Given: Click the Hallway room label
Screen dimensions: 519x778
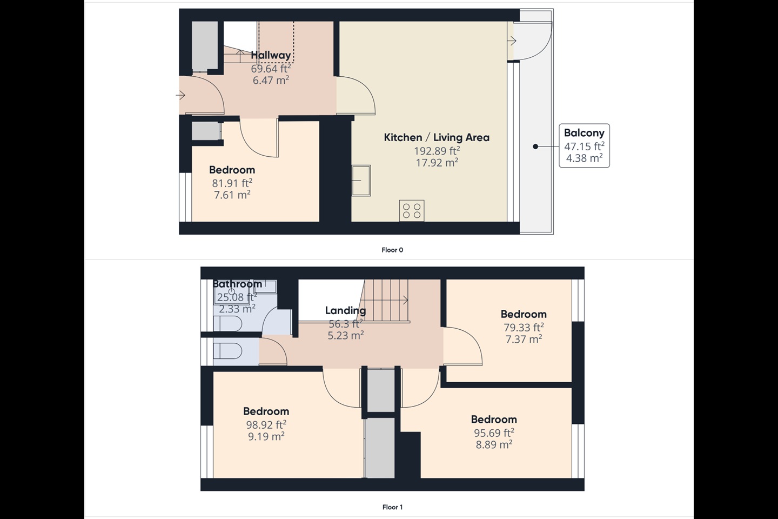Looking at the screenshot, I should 271,55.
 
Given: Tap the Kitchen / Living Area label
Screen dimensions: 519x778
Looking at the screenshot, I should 437,137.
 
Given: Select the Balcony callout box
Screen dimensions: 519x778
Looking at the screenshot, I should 584,145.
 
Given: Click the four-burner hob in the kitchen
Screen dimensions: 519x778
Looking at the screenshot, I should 412,210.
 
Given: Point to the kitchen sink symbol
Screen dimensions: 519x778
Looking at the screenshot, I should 361,180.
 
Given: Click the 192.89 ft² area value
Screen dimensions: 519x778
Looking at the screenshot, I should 437,151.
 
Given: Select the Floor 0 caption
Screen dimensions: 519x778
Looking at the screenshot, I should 392,250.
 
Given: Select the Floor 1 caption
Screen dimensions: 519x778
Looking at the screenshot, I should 392,507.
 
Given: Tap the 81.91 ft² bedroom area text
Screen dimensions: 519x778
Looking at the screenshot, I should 232,183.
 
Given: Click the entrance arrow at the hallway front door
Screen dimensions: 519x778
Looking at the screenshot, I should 180,96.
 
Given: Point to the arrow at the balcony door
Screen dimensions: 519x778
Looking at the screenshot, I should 512,41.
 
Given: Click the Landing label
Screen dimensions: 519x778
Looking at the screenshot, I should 345,310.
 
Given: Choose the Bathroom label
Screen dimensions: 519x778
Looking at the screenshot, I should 237,284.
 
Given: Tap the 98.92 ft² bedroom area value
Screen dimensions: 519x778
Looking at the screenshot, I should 266,425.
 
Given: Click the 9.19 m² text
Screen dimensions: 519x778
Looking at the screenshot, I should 266,436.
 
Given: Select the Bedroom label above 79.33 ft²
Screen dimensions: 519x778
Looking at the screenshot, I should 523,314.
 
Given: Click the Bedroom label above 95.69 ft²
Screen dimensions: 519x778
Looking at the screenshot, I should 494,420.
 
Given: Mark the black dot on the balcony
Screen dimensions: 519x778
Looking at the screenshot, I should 535,147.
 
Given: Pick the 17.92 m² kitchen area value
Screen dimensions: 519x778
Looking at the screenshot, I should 437,162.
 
